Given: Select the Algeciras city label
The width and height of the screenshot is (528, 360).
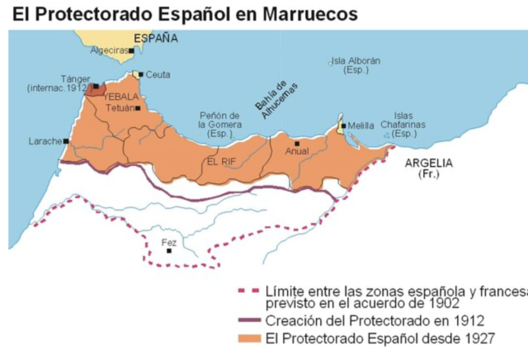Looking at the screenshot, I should pos(109,50).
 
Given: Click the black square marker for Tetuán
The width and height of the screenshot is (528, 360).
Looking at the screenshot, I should pos(139,108).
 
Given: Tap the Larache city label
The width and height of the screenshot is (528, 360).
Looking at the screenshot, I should pos(45,141).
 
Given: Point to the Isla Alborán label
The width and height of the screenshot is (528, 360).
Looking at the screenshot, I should pos(356,65).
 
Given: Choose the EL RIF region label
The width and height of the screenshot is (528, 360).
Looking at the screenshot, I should pos(223,162).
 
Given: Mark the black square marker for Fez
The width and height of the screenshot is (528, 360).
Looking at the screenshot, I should pos(170,251).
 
